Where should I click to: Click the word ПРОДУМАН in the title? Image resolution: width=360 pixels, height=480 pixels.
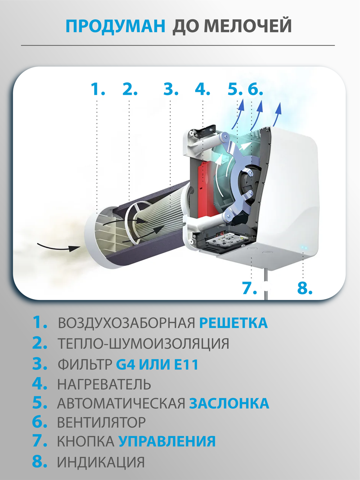pos(115,26)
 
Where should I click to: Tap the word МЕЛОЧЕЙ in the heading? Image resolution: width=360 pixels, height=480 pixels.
pos(248,26)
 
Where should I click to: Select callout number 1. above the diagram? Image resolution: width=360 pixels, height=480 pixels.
pos(98,89)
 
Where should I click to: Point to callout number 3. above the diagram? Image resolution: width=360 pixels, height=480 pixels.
pos(171,89)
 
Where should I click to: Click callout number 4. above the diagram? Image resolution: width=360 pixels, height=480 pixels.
pos(202,89)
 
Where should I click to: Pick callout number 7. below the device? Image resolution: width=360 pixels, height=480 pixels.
pos(249,288)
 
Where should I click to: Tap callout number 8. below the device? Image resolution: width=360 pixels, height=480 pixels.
pos(305,288)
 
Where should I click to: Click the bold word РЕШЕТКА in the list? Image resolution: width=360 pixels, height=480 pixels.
pos(233,323)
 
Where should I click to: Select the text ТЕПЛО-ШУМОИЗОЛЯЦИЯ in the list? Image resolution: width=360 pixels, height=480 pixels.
pos(143,344)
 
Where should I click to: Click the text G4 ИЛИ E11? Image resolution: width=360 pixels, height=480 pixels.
pos(157,364)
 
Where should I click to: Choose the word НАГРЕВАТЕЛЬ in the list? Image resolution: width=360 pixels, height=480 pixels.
pos(104,384)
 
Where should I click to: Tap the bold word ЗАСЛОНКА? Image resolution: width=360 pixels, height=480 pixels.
pos(229,403)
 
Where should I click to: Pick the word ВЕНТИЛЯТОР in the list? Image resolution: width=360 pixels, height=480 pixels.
pos(102,422)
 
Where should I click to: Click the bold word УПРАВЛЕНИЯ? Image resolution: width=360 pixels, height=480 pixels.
pos(167,441)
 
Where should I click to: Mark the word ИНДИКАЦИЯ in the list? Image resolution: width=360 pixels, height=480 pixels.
pos(101,462)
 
